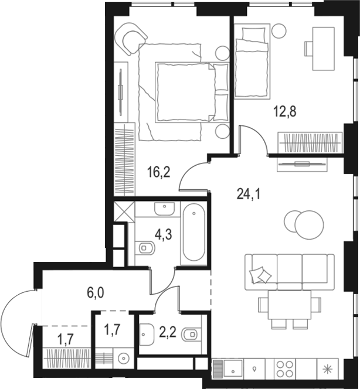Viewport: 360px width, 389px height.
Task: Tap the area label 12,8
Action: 286,111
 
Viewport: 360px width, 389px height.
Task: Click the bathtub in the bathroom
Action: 193,234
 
